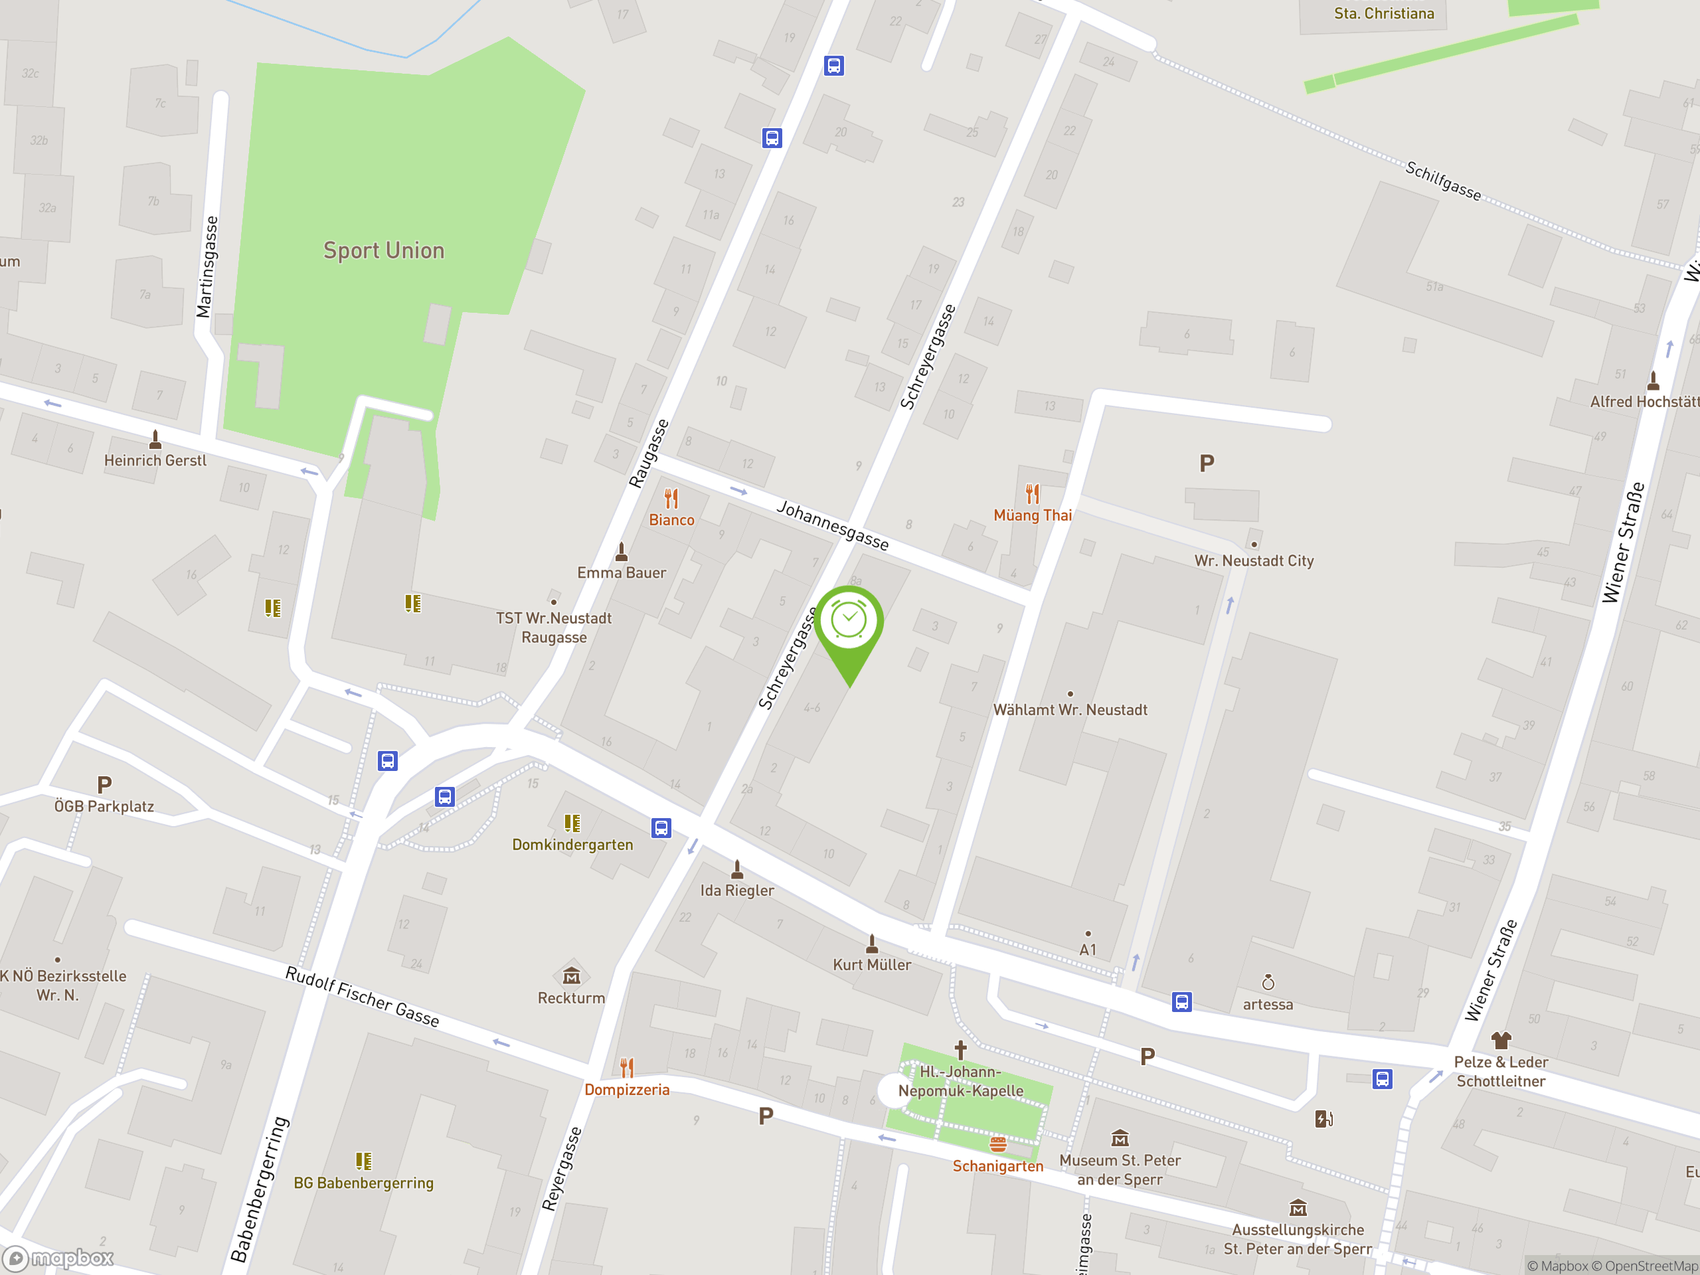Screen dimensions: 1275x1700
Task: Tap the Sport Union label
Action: click(x=384, y=250)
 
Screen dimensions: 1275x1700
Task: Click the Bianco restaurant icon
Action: click(x=671, y=499)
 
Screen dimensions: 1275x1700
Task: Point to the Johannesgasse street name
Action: click(x=832, y=525)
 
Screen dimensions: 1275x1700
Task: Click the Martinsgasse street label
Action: click(x=207, y=267)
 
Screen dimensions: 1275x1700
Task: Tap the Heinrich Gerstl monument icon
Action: click(x=155, y=440)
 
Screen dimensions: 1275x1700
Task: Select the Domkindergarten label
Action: click(x=572, y=845)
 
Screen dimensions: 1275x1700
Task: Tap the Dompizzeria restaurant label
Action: click(x=626, y=1090)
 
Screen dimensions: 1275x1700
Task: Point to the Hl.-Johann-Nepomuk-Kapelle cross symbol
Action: click(x=960, y=1050)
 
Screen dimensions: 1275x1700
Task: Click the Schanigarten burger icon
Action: click(x=997, y=1144)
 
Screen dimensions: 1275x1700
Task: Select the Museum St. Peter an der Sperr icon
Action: click(x=1120, y=1138)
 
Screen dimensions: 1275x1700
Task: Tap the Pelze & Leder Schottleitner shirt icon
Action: click(x=1501, y=1041)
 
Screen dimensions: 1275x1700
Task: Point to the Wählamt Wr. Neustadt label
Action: click(x=1070, y=710)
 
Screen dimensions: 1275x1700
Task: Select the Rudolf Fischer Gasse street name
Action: click(x=362, y=997)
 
